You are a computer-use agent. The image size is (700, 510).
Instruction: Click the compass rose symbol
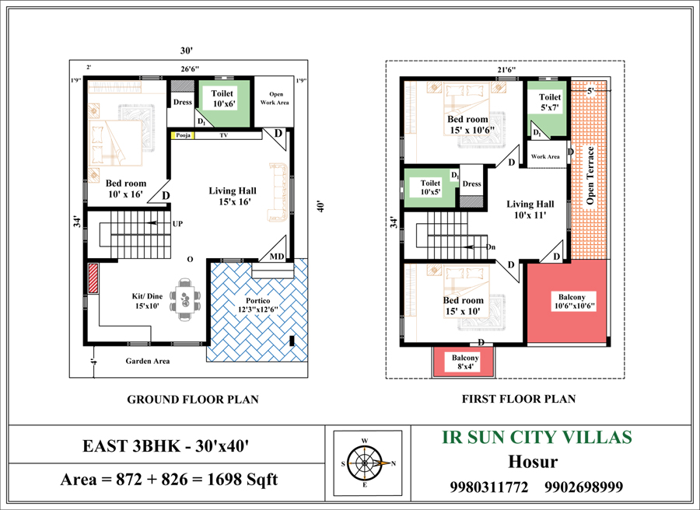point(364,463)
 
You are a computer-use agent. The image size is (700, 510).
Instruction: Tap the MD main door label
point(277,257)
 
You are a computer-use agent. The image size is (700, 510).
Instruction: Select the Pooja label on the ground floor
point(183,135)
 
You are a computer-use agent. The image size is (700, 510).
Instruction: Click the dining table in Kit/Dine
point(185,299)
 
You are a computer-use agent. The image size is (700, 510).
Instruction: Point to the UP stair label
point(177,224)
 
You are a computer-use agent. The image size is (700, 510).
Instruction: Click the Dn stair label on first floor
point(491,246)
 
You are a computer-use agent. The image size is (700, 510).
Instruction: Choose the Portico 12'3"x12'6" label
point(258,306)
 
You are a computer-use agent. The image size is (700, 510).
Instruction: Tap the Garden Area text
point(147,361)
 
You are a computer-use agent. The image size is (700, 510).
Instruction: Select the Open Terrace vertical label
point(590,176)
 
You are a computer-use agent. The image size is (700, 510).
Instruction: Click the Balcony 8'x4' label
point(465,362)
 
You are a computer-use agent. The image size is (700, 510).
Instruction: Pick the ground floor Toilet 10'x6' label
point(223,99)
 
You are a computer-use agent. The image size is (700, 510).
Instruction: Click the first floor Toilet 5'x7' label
point(550,102)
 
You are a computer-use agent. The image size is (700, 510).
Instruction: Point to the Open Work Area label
point(275,98)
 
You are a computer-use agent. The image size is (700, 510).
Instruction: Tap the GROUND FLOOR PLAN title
point(193,400)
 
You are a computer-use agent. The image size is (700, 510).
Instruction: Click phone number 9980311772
point(489,487)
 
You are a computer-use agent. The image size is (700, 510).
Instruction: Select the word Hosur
point(533,462)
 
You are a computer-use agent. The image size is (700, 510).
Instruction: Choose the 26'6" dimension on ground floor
point(190,69)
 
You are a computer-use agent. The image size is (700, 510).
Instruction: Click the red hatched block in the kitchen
point(93,278)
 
